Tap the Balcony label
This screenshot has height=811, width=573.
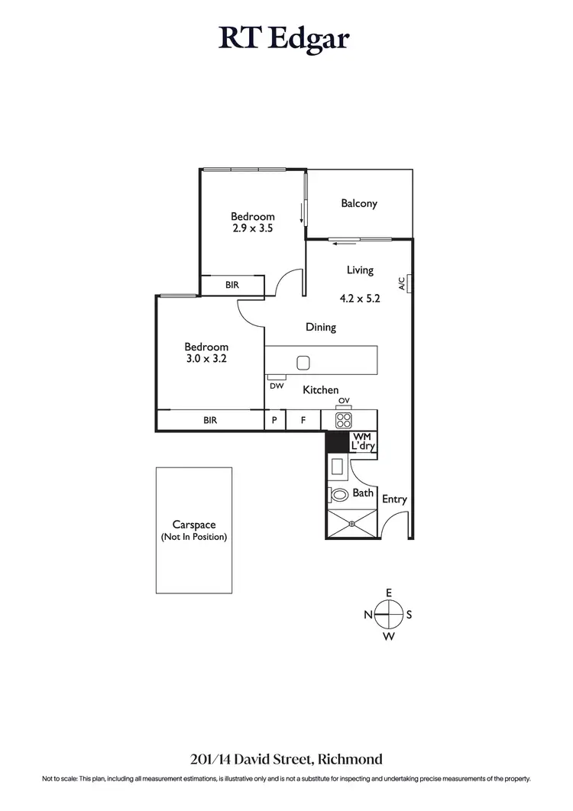[359, 204]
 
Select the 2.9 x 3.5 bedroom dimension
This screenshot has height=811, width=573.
[252, 228]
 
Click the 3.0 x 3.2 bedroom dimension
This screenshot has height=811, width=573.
[206, 358]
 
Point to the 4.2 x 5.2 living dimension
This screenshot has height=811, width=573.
[359, 299]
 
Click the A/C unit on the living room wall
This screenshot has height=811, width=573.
[410, 283]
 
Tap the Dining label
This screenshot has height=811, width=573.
[321, 328]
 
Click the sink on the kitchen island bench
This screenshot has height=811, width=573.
[303, 363]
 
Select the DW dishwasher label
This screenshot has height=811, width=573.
[276, 386]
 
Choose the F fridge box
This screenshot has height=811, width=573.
[303, 420]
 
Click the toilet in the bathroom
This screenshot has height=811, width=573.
[338, 494]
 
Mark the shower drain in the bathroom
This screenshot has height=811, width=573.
[352, 524]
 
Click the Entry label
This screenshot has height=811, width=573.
[394, 499]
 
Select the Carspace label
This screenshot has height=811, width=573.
[194, 525]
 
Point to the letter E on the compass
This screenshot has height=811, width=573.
[389, 593]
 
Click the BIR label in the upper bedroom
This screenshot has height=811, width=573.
[232, 285]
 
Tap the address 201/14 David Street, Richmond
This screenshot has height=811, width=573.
[286, 759]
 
